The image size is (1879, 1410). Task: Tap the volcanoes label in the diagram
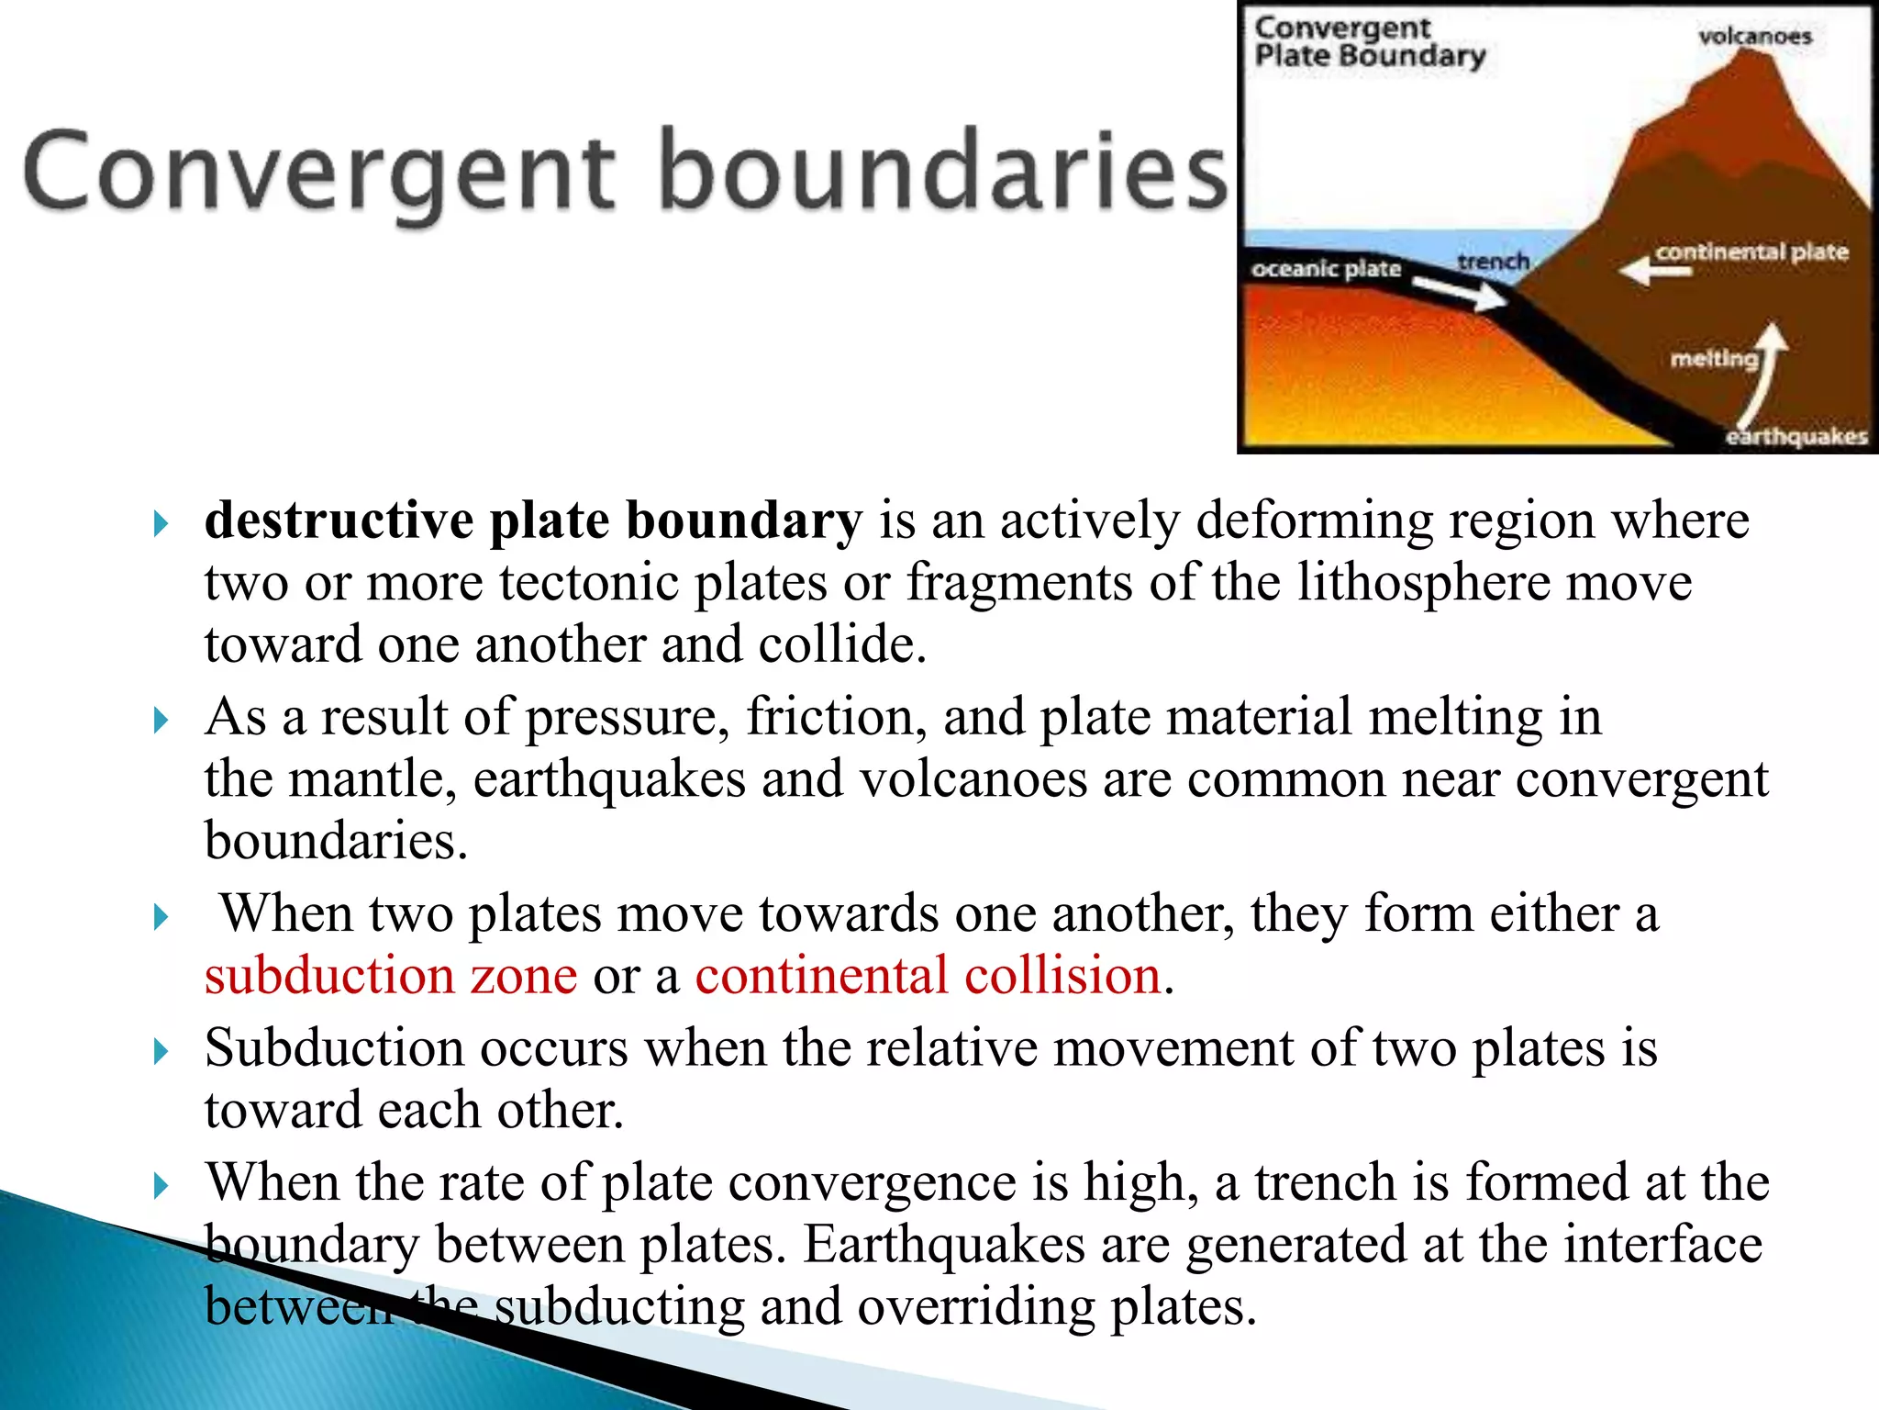1754,37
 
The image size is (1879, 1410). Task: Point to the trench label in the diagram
1493,263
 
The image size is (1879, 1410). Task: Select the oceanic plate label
1326,269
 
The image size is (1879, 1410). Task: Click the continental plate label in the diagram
1751,252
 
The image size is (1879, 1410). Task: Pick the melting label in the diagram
1713,359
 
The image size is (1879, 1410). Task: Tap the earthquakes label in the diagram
1796,437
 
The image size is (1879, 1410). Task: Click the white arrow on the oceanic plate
1459,293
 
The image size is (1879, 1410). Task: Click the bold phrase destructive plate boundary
532,520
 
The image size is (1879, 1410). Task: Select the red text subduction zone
391,975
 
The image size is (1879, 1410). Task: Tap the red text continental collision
928,975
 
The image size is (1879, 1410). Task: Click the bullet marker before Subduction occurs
161,1051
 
